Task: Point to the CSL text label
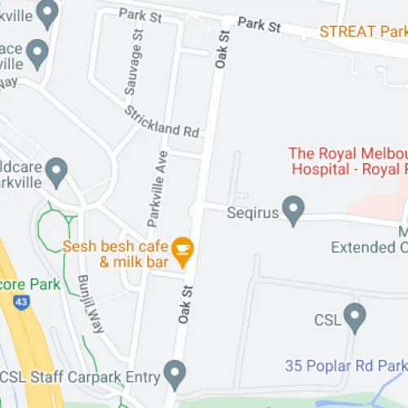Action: point(326,321)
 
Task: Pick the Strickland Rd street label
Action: point(162,120)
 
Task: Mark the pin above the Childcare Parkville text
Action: point(56,171)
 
